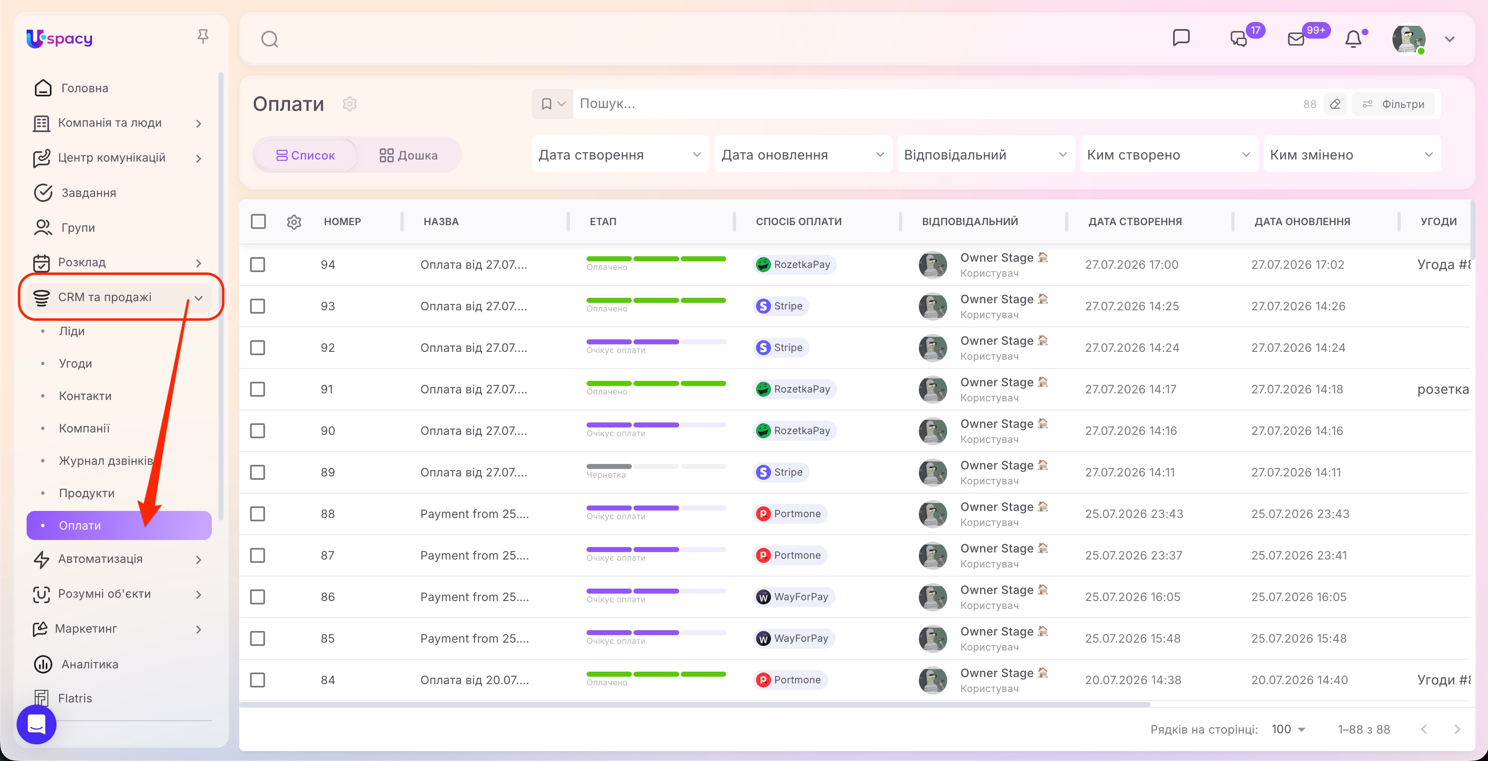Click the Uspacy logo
coord(59,39)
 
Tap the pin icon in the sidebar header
coord(203,37)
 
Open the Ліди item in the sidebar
coord(71,331)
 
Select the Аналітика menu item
coord(90,664)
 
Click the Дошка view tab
coord(408,155)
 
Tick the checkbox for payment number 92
coord(258,347)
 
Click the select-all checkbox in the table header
coord(258,221)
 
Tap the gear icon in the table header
coord(294,222)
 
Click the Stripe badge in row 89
coord(781,472)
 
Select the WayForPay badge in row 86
coord(794,597)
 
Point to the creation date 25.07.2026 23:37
coord(1133,555)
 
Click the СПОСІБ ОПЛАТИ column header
coord(798,221)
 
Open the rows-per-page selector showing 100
coord(1288,729)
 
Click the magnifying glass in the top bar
coord(270,39)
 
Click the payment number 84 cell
coord(327,680)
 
